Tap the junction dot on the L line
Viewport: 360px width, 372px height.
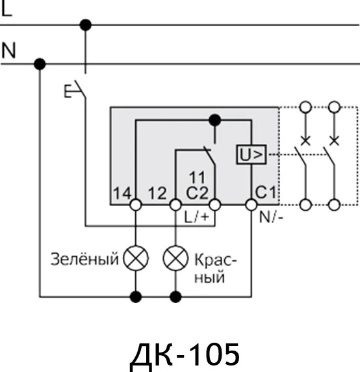(84, 25)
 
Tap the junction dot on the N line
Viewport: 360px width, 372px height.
(40, 64)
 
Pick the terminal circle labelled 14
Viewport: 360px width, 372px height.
(136, 205)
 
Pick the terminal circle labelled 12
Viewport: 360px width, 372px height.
(175, 205)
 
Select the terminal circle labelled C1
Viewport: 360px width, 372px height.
(251, 205)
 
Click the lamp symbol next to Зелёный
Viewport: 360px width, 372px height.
(136, 259)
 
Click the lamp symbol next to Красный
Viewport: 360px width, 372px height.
(174, 259)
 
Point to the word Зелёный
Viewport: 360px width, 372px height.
(85, 259)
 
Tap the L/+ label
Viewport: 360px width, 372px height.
(198, 217)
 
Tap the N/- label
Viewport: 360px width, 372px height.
(271, 217)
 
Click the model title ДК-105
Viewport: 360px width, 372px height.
(185, 354)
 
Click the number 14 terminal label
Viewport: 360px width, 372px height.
(122, 193)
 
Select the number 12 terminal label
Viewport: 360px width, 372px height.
(159, 193)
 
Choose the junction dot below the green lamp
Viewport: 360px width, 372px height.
(136, 297)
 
